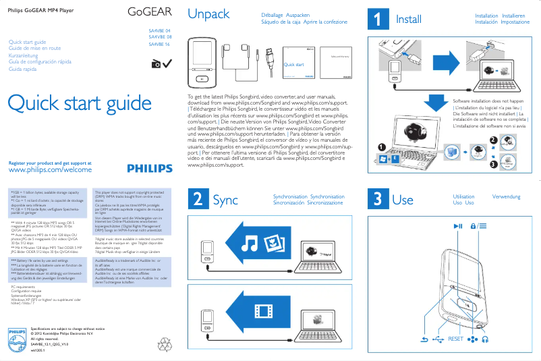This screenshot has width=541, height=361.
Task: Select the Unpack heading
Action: pos(208,15)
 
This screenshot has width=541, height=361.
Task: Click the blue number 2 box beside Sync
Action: pos(196,199)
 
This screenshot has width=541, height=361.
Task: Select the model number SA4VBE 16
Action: pos(159,45)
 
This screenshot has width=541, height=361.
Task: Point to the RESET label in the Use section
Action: pos(456,339)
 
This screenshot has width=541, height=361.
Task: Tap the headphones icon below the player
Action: pos(484,339)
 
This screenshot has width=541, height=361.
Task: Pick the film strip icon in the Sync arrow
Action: pos(265,310)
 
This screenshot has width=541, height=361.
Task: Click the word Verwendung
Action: pos(506,197)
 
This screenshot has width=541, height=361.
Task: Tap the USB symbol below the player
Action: pos(438,339)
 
